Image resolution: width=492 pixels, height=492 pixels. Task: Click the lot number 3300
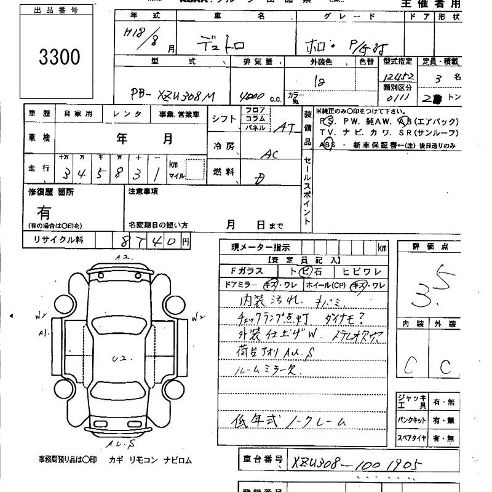click(59, 57)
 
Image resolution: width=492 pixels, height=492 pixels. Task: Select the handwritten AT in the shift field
click(284, 127)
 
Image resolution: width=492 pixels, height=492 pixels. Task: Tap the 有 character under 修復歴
click(44, 213)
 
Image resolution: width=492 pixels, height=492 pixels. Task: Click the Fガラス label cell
click(247, 271)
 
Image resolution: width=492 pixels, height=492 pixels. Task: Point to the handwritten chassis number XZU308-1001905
click(356, 462)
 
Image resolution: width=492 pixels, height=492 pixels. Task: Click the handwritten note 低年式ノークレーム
click(288, 421)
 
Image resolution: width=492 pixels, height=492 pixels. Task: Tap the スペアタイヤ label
click(411, 438)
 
